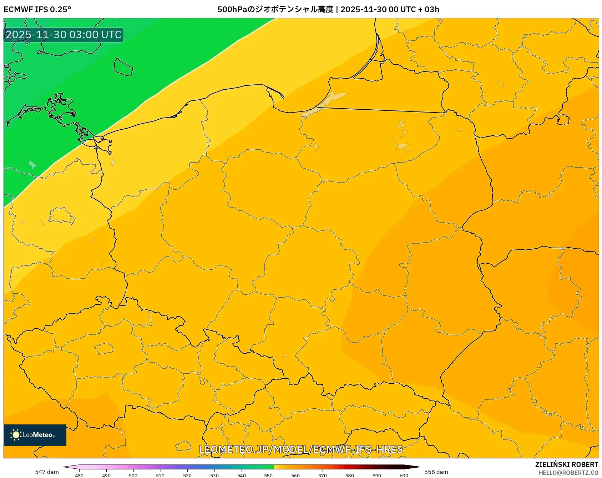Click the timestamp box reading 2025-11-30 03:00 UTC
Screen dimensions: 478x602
point(64,35)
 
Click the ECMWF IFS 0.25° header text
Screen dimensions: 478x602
point(37,9)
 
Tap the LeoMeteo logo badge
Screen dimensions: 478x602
point(35,435)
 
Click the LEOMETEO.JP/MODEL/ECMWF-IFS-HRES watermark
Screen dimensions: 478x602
point(301,449)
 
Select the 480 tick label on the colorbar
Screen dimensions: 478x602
point(79,475)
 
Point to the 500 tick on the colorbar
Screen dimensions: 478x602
point(133,475)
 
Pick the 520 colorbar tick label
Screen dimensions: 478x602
point(187,475)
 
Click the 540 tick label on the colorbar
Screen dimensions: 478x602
point(242,475)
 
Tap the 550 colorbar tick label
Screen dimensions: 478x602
point(268,475)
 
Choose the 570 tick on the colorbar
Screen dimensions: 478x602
point(323,475)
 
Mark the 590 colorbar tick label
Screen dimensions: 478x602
point(377,475)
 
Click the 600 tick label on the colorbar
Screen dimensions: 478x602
point(404,475)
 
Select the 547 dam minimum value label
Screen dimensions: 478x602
point(47,472)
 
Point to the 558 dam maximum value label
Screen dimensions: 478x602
point(436,472)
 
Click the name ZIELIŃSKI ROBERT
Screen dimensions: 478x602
point(567,464)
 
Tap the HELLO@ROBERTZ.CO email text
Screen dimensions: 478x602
point(568,473)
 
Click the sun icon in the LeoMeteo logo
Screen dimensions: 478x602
point(16,435)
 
